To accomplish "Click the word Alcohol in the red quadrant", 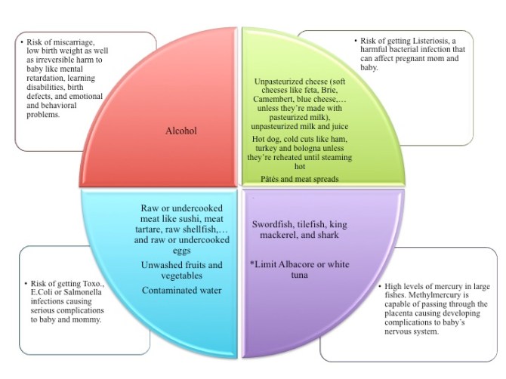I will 180,131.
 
